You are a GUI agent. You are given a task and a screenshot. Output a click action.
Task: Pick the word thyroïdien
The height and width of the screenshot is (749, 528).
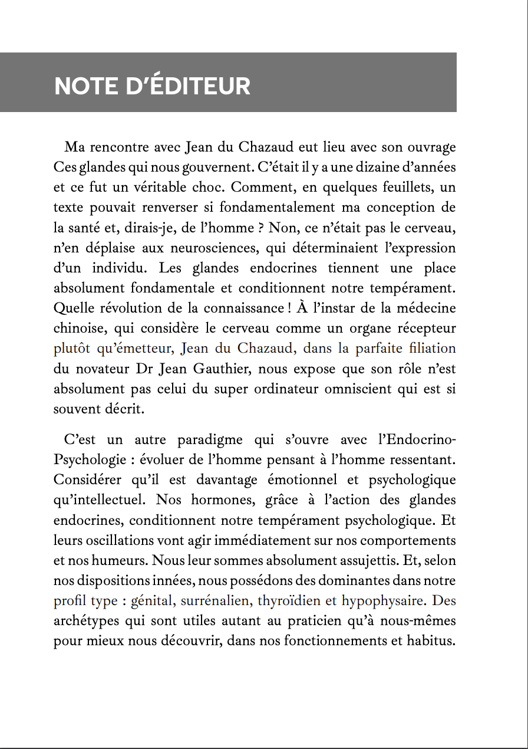tap(289, 602)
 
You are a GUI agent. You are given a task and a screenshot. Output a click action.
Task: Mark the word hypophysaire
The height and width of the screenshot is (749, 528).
tap(382, 602)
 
